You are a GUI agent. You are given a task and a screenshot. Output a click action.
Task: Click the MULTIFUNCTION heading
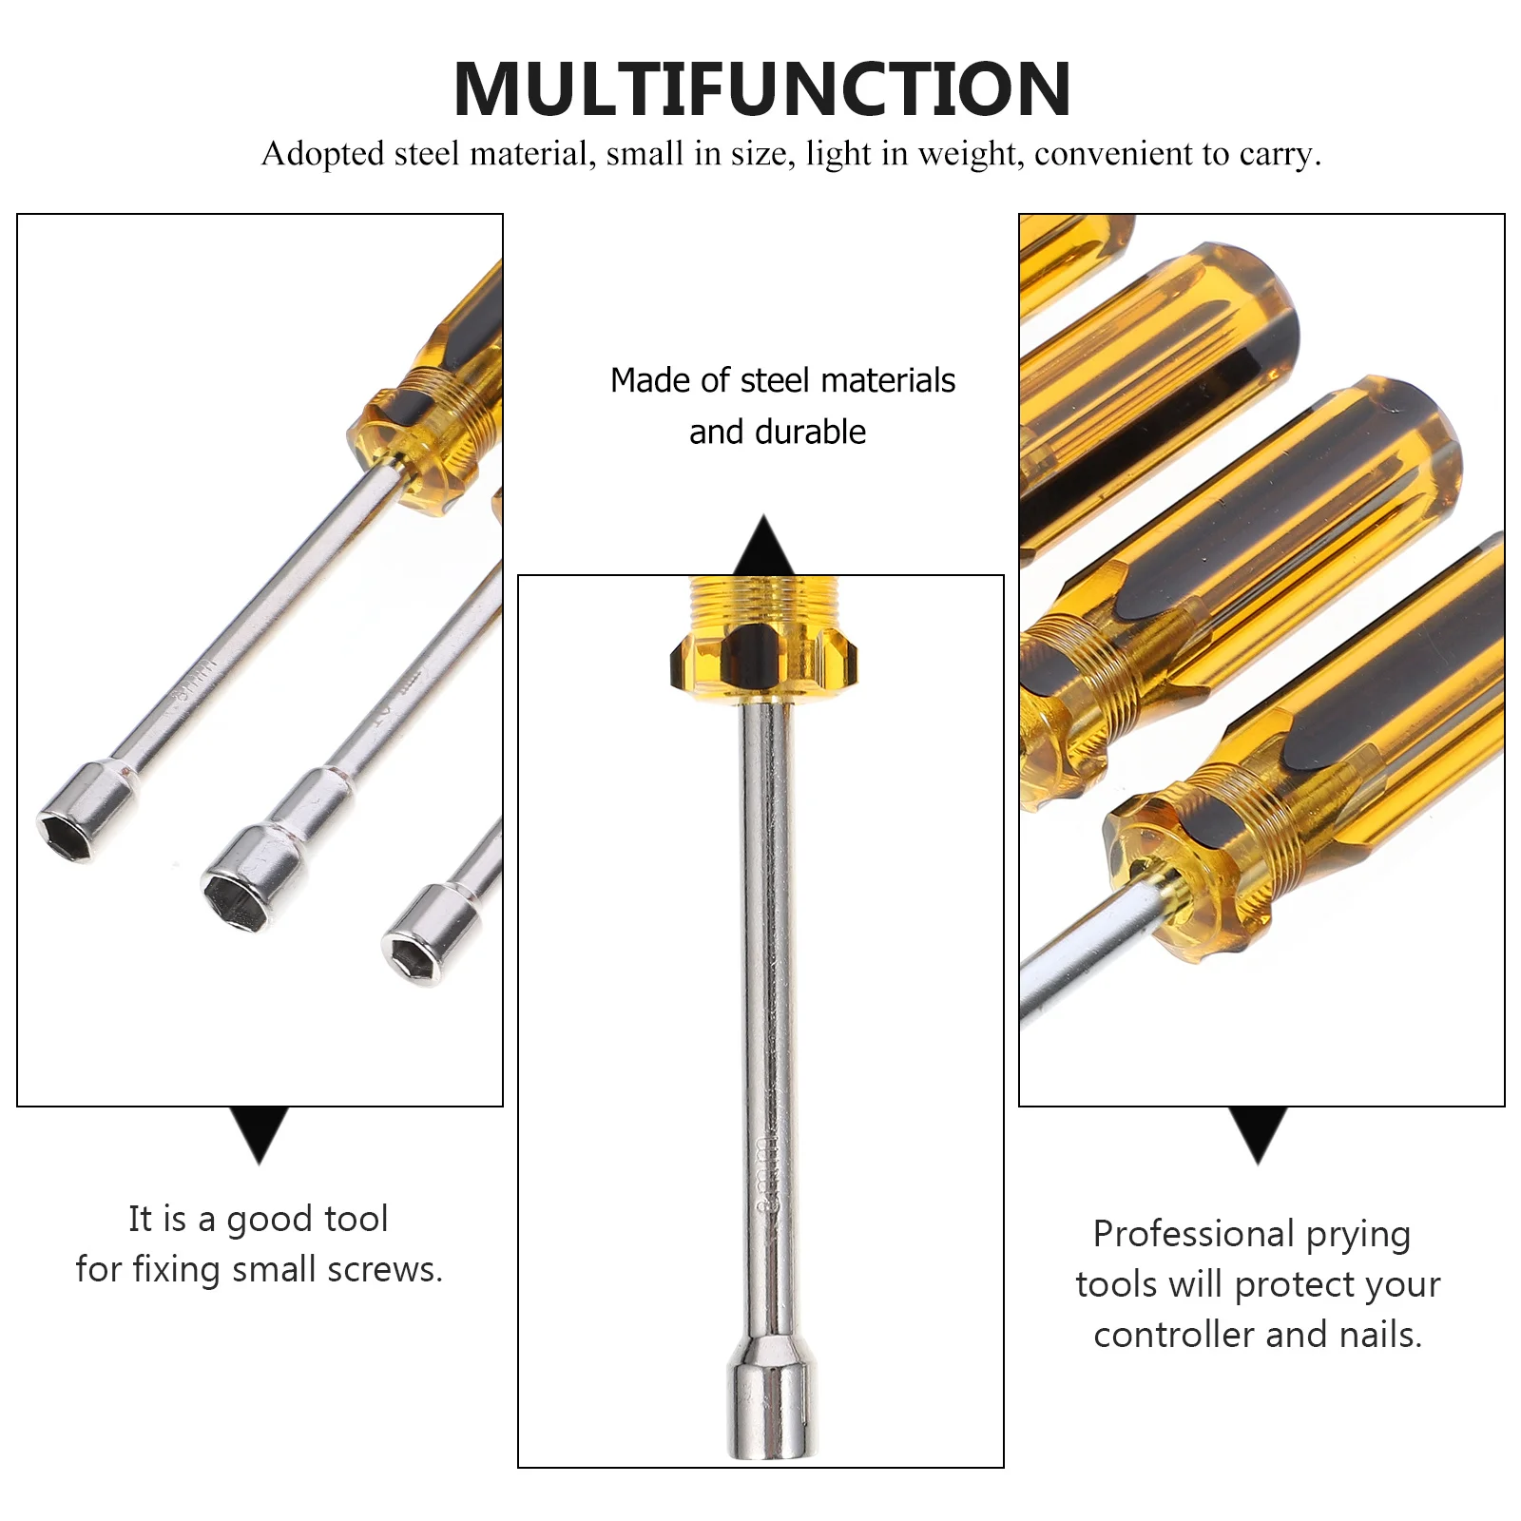tap(762, 89)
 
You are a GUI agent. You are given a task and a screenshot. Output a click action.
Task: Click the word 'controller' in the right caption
tap(1174, 1335)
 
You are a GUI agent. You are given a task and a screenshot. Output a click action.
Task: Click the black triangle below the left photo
tap(259, 1131)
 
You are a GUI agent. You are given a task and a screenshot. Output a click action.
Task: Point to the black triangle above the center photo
tap(763, 547)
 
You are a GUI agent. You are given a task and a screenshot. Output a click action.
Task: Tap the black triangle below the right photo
tap(1258, 1131)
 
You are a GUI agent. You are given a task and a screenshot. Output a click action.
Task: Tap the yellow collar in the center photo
tap(763, 637)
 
